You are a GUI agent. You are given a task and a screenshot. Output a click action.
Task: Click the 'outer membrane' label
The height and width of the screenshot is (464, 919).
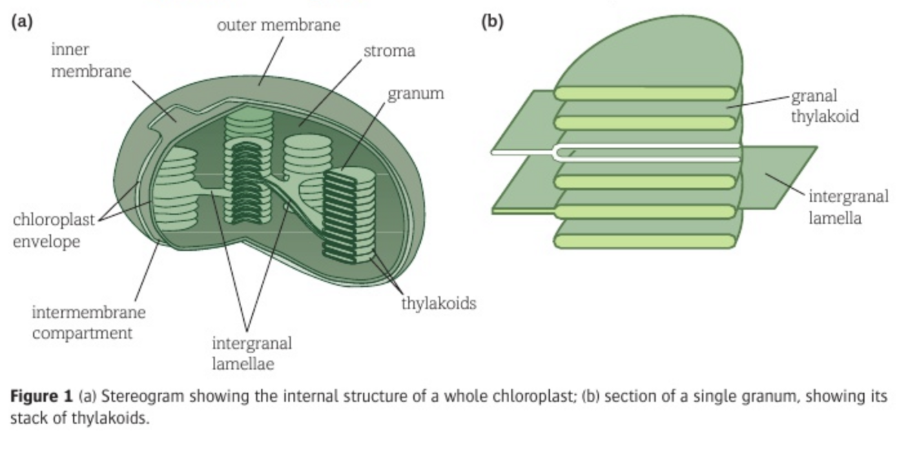click(278, 26)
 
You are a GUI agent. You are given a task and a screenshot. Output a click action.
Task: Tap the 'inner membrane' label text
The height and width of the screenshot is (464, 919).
click(90, 61)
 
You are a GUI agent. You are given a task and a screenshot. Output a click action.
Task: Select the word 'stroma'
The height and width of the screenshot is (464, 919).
click(389, 51)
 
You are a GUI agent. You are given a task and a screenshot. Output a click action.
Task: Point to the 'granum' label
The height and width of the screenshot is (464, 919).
click(415, 94)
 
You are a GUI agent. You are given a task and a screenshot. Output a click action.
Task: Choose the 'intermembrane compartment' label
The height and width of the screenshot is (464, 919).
click(88, 323)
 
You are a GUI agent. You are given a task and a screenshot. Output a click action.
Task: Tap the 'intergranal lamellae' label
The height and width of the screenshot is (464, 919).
click(251, 353)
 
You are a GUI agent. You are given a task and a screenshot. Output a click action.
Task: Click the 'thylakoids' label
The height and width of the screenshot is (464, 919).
click(439, 303)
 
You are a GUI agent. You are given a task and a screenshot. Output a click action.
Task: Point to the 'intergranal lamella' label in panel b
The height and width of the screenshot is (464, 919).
click(848, 207)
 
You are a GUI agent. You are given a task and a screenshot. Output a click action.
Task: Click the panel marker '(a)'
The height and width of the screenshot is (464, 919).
click(21, 22)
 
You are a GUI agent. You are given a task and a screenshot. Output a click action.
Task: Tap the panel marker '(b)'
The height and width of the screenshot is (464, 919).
click(492, 22)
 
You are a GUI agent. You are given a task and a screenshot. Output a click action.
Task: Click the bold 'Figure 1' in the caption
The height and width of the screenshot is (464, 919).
click(41, 396)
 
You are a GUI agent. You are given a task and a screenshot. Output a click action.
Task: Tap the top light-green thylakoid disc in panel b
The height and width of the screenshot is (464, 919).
click(645, 94)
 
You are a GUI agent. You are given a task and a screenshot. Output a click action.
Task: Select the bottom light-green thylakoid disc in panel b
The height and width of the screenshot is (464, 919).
click(645, 241)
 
